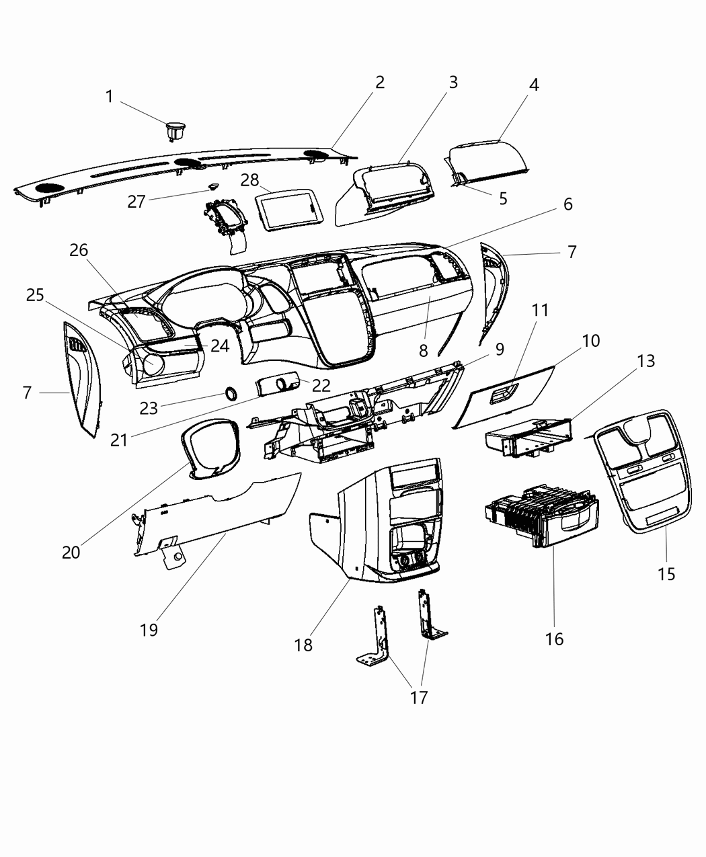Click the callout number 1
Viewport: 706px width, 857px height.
(109, 97)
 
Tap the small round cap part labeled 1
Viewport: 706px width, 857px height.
(176, 128)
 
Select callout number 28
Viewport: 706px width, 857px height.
(249, 180)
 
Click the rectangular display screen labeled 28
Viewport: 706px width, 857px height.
(290, 210)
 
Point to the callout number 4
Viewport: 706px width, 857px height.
(533, 85)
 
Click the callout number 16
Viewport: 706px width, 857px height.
(554, 638)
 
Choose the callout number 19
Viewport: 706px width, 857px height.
(149, 629)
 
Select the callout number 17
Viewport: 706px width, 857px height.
(418, 697)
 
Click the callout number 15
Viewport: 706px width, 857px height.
(666, 573)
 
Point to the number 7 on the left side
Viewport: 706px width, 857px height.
(27, 393)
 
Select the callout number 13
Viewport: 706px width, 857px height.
(645, 361)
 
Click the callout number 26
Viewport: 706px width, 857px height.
(79, 250)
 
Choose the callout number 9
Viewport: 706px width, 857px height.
(500, 350)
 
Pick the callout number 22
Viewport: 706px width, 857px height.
(321, 386)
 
